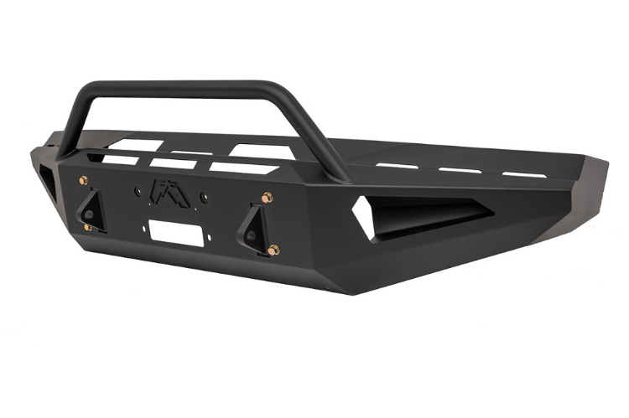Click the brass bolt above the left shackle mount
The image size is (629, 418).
tap(83, 180)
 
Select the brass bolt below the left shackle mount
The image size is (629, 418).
tap(88, 227)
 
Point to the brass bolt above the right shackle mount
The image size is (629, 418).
tap(268, 199)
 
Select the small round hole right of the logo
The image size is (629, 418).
tap(204, 198)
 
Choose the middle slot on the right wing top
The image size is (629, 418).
tap(460, 170)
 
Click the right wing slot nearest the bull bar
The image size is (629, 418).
tap(397, 166)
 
